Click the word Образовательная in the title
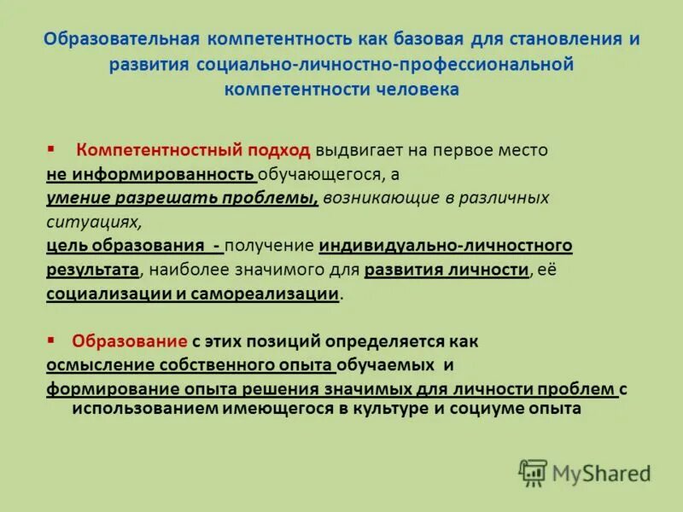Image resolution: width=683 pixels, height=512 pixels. coord(118,39)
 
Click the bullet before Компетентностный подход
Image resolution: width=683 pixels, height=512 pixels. coord(51,149)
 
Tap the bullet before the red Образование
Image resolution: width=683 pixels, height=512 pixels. coord(51,340)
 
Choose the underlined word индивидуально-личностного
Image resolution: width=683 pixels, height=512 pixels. coord(445,246)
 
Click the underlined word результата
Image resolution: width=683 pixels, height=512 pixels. coord(92,270)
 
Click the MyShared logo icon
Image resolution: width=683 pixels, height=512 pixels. coord(533,473)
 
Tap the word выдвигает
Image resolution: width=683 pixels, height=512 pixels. coord(354,150)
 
